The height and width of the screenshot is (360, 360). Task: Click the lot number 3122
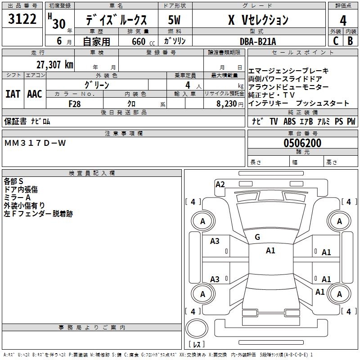[22, 19]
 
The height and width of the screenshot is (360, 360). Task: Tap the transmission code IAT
[13, 94]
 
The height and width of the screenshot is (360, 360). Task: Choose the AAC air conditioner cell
[34, 94]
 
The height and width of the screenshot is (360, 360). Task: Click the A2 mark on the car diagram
[220, 184]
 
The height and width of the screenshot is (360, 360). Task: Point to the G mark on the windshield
[257, 237]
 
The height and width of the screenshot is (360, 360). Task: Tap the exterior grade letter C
[335, 41]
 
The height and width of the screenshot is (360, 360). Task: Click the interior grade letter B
[350, 41]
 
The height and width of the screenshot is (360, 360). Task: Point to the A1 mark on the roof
[270, 251]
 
